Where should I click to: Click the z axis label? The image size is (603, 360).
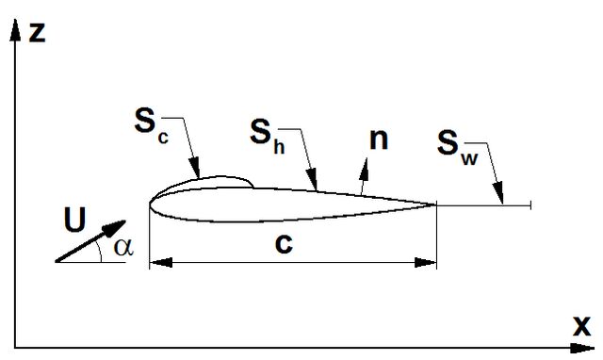click(38, 32)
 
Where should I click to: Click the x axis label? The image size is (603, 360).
click(582, 326)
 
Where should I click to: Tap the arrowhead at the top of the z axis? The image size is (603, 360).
click(15, 29)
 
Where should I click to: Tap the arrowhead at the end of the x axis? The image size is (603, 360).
click(582, 348)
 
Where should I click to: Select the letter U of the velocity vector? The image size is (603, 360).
click(74, 220)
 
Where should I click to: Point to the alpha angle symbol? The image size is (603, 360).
click(123, 247)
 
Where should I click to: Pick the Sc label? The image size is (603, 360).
click(151, 124)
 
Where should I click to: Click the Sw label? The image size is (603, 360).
click(457, 147)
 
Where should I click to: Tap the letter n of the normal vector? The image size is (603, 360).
click(379, 139)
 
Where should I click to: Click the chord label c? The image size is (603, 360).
click(284, 244)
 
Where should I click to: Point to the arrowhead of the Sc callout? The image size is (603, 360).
click(195, 168)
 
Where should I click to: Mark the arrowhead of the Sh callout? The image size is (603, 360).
click(313, 180)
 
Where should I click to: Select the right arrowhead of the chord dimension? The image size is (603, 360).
click(425, 263)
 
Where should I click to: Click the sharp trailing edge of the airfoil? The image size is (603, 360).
click(436, 205)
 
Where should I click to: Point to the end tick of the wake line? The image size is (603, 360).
click(531, 205)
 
